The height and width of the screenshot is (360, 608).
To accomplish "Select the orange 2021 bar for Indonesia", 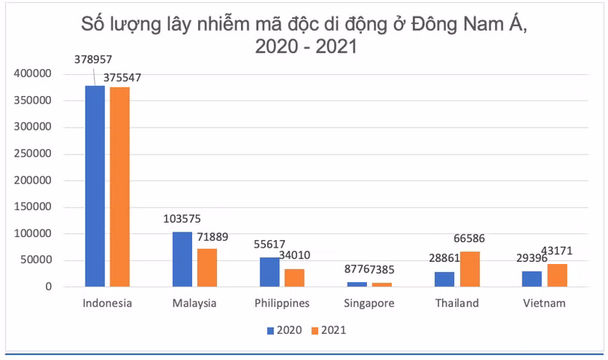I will [119, 187].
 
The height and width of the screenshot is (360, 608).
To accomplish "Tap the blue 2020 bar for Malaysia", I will [182, 259].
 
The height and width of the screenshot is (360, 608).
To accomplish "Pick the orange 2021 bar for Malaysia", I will [207, 267].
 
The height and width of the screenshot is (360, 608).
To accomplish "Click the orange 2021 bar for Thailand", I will [470, 268].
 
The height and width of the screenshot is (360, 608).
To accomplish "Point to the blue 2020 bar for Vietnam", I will [532, 278].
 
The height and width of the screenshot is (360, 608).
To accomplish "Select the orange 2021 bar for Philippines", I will [294, 277].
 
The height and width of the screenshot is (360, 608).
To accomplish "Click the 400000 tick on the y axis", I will [32, 73].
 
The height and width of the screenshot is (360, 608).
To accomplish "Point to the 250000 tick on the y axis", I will [32, 154].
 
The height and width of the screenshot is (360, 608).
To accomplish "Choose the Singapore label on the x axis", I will [369, 304].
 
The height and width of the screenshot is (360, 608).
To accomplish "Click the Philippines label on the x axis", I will [281, 304].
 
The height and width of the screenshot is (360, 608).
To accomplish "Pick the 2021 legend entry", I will [328, 329].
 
